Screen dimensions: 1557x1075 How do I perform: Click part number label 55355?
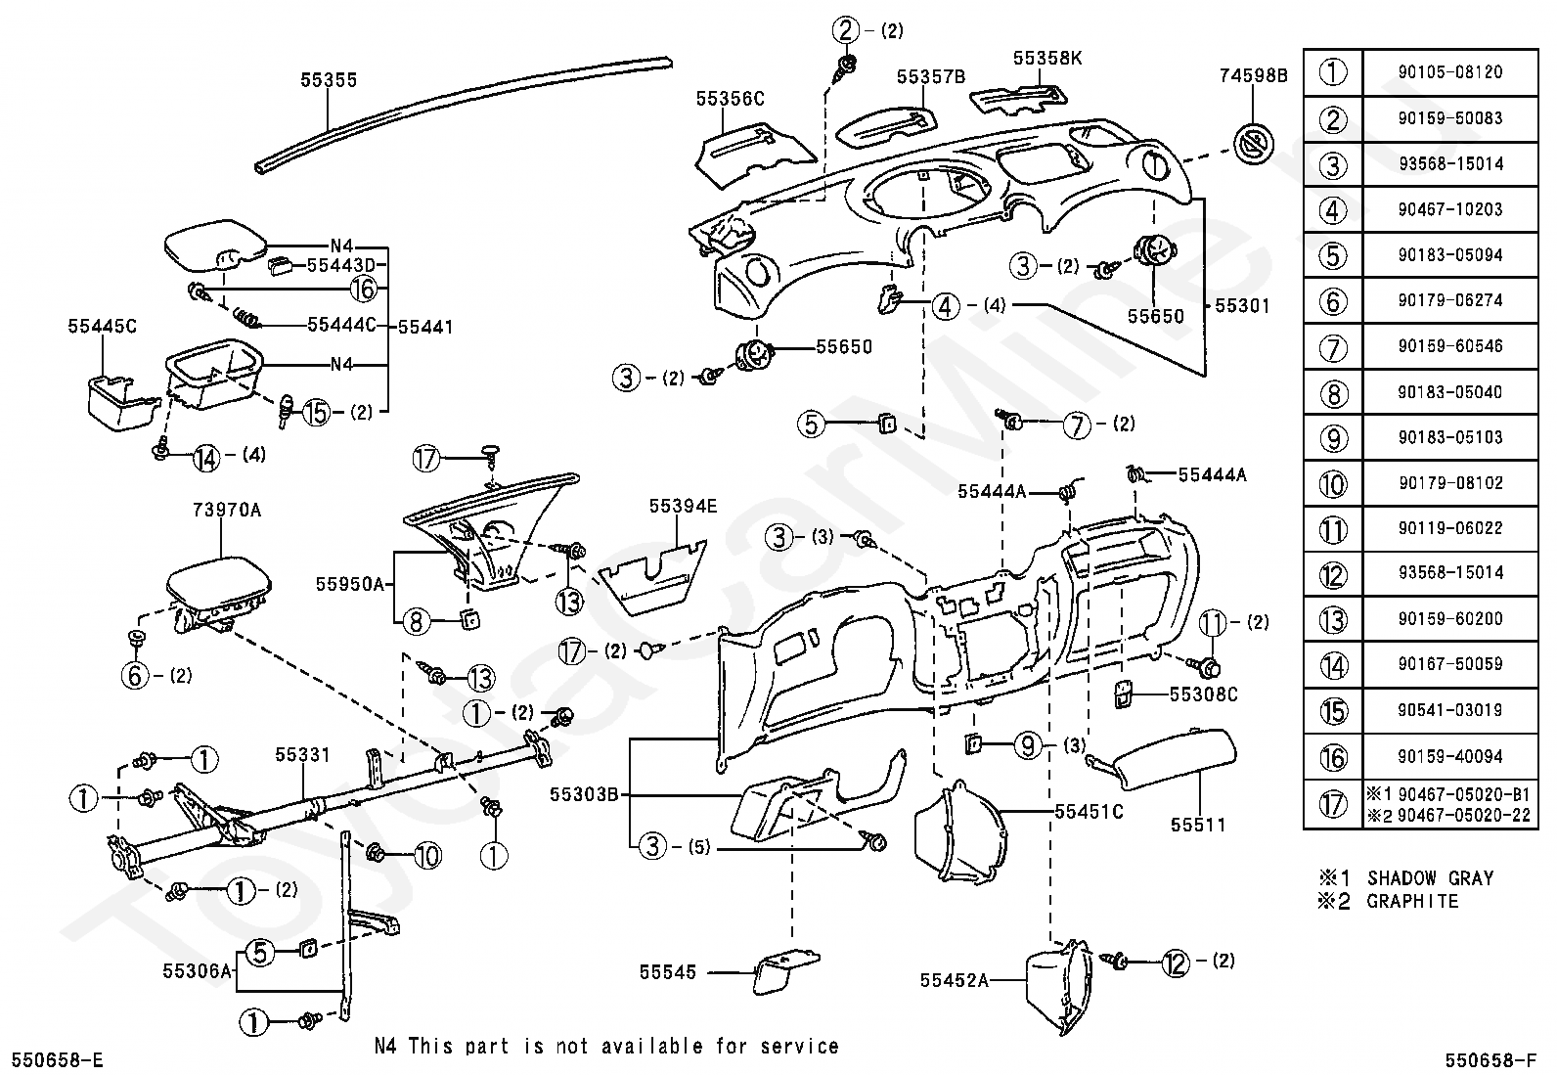(x=328, y=80)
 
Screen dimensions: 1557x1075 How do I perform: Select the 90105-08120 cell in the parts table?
(x=1450, y=72)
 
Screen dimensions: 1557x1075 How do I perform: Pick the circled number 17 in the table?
(x=1333, y=804)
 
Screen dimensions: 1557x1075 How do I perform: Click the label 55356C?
(x=730, y=100)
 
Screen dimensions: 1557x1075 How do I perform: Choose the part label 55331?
(x=302, y=754)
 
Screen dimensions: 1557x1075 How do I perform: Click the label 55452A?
(x=954, y=980)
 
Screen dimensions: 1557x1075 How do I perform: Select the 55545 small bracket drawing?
(x=786, y=969)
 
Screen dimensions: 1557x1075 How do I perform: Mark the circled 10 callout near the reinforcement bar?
(x=427, y=855)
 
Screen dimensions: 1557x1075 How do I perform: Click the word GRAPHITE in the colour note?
(x=1412, y=902)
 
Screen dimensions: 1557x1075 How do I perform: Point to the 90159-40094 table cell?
(x=1450, y=756)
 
